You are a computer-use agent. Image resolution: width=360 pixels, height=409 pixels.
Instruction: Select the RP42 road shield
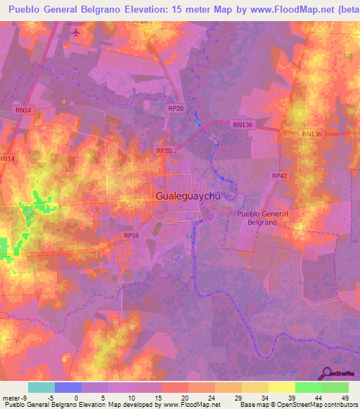click(279, 175)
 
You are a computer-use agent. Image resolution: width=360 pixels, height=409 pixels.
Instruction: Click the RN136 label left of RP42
click(243, 124)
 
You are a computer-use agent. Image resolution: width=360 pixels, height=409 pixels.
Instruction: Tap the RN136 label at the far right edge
click(311, 134)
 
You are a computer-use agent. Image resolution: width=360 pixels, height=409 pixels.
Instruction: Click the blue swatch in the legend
click(68, 387)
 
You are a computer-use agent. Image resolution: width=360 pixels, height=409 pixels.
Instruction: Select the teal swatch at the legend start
click(41, 387)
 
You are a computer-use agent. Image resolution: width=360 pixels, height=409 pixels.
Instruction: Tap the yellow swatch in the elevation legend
click(281, 387)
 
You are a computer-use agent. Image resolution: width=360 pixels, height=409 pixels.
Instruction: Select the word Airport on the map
click(75, 23)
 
